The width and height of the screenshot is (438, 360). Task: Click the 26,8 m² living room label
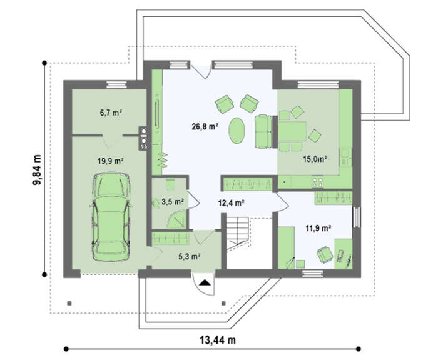pyautogui.click(x=205, y=126)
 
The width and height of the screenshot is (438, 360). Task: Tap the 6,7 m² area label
pyautogui.click(x=111, y=112)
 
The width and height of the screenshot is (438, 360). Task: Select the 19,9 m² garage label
pyautogui.click(x=111, y=161)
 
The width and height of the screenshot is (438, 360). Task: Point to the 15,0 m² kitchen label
pyautogui.click(x=315, y=159)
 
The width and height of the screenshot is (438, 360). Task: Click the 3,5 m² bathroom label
pyautogui.click(x=172, y=201)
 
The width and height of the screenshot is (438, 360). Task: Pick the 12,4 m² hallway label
pyautogui.click(x=232, y=203)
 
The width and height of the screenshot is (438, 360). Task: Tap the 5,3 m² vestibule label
pyautogui.click(x=190, y=256)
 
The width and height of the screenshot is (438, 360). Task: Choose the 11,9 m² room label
pyautogui.click(x=318, y=229)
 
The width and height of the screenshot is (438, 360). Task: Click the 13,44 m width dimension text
pyautogui.click(x=218, y=340)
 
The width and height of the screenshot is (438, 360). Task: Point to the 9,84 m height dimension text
pyautogui.click(x=37, y=169)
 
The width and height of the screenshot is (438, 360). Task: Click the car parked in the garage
pyautogui.click(x=111, y=217)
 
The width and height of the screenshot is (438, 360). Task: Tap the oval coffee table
pyautogui.click(x=237, y=131)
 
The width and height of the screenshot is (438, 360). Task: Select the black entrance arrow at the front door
pyautogui.click(x=205, y=282)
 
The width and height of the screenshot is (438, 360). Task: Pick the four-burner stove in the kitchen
pyautogui.click(x=318, y=182)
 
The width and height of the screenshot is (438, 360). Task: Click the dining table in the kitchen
pyautogui.click(x=292, y=131)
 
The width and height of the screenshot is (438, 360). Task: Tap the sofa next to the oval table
pyautogui.click(x=263, y=131)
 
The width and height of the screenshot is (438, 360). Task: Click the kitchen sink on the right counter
pyautogui.click(x=345, y=157)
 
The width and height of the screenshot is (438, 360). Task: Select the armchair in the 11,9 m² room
pyautogui.click(x=325, y=255)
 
